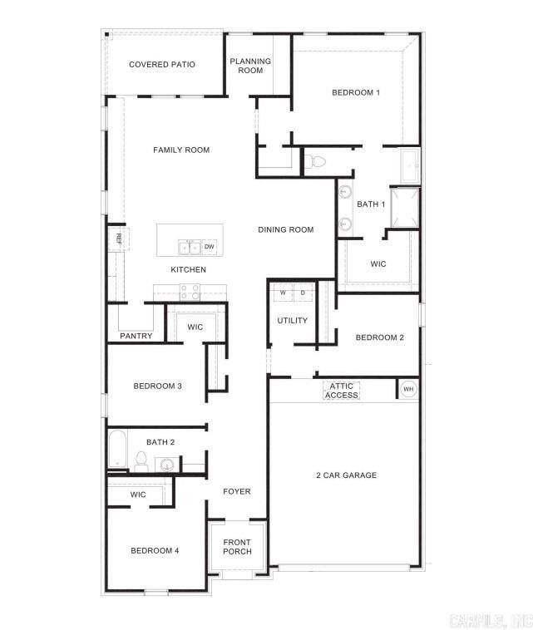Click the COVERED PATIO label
162,64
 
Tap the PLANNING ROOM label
250,66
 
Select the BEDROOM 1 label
356,92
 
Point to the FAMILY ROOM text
181,150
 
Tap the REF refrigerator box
118,239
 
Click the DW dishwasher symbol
209,247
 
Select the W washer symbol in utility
283,293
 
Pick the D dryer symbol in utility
302,293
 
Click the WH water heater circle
408,389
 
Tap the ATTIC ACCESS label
342,391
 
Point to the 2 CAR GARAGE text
346,475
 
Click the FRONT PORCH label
237,548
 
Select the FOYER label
237,491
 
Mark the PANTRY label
136,337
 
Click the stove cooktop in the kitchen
190,292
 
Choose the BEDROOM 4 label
155,550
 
